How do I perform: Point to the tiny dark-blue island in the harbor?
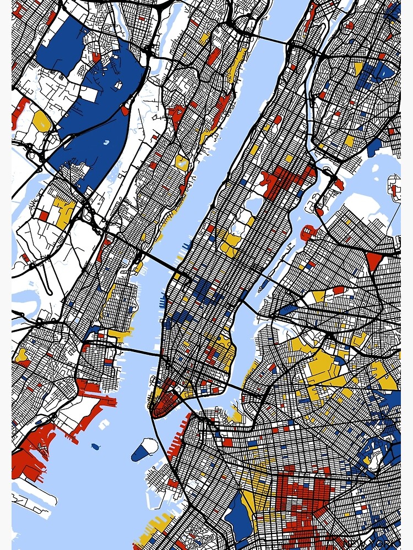click(95, 446)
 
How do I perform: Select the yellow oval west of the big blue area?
click(41, 121)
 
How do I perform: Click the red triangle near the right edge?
click(373, 260)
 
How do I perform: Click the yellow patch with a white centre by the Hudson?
click(182, 163)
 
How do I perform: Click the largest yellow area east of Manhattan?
click(325, 366)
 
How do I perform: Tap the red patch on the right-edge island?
click(394, 190)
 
